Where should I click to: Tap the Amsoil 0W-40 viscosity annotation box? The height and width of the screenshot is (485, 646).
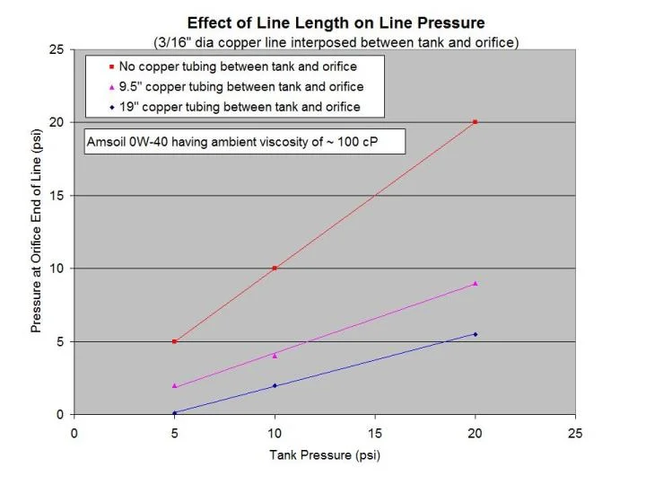pos(243,142)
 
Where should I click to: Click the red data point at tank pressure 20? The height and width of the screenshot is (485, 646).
pos(476,122)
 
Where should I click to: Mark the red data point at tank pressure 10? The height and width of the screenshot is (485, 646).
pos(275,268)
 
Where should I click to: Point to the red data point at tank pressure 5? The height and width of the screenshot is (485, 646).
pos(174,341)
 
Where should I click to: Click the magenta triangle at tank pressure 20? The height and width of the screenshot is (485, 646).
pos(476,283)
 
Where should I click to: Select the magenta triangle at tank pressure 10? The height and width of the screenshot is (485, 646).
pos(275,356)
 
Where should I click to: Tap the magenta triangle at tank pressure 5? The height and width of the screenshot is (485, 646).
pos(174,385)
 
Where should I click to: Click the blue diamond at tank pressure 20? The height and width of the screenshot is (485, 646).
pos(476,334)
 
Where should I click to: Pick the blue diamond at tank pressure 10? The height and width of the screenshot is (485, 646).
pos(275,385)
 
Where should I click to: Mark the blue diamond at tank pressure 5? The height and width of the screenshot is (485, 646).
pos(174,413)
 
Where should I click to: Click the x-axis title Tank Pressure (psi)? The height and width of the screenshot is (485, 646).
pos(325,454)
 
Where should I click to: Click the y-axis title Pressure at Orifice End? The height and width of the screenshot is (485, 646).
pos(37,232)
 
